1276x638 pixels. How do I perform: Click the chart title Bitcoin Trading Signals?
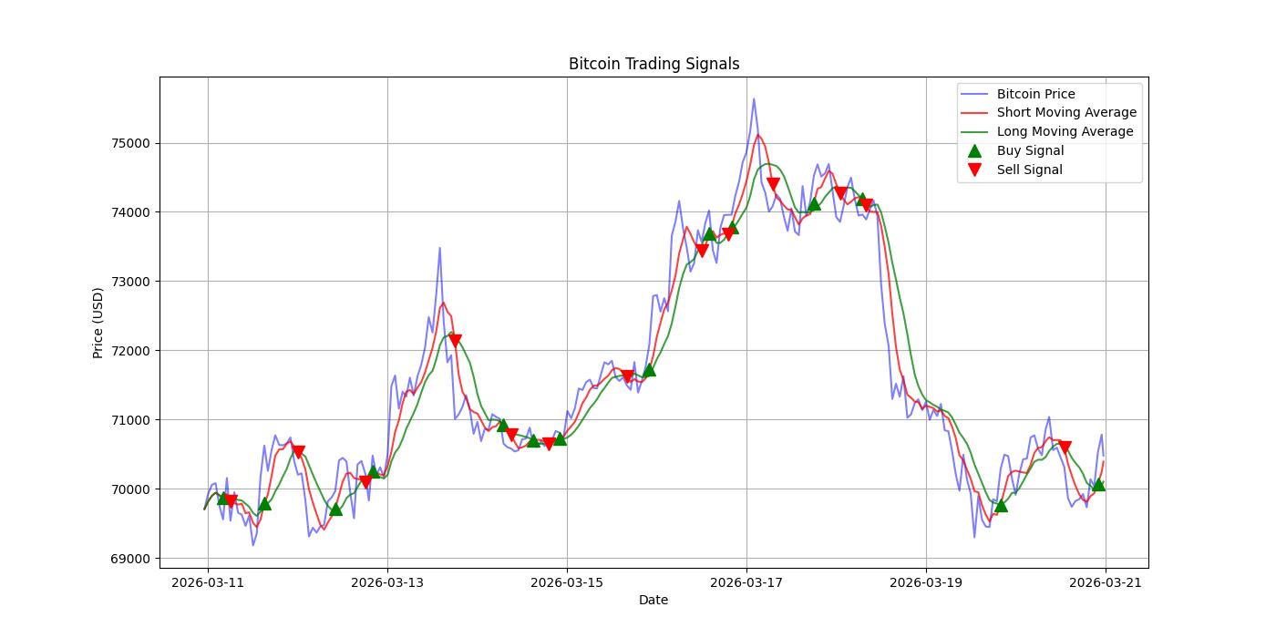click(653, 64)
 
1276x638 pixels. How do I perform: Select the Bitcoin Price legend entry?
click(1035, 94)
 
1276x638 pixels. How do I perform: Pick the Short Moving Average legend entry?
click(1066, 113)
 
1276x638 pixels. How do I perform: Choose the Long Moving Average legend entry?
click(1065, 131)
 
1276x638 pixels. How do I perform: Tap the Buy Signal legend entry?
click(1030, 150)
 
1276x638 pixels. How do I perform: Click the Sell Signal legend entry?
click(1029, 170)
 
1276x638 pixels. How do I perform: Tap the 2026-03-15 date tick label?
click(567, 582)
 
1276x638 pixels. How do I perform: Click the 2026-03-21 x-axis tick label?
click(1106, 582)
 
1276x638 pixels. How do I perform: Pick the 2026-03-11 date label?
click(208, 582)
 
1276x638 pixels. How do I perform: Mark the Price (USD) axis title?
click(98, 323)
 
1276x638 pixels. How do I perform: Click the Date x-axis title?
click(653, 600)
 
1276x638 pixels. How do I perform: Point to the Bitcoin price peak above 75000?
click(754, 98)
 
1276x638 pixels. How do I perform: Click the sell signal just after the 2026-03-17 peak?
click(773, 184)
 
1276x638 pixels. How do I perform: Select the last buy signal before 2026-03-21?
click(1098, 484)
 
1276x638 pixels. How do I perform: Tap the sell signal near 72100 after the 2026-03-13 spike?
click(455, 341)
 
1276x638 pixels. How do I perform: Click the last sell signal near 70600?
click(1065, 448)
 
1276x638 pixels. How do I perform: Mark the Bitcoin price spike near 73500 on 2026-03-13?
click(439, 247)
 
